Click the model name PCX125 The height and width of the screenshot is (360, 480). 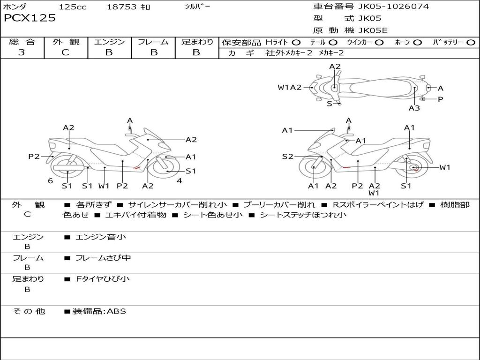(x=30, y=18)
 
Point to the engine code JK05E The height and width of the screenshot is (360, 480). (x=373, y=31)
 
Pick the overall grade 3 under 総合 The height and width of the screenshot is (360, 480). (x=22, y=52)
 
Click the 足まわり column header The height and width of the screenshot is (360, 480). (x=197, y=42)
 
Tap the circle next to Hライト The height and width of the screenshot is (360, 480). (x=296, y=42)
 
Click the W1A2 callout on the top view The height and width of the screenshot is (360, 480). (x=289, y=87)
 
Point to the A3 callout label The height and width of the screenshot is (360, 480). (x=414, y=108)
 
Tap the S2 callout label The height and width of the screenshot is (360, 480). (x=287, y=157)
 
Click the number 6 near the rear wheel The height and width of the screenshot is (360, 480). (x=50, y=181)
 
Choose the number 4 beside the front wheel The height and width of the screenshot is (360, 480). (x=180, y=181)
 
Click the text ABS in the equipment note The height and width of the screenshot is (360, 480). (x=117, y=311)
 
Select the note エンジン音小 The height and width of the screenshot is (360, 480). (x=101, y=237)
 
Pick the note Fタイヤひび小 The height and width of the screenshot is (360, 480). (x=103, y=279)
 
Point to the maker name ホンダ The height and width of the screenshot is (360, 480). (x=15, y=7)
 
